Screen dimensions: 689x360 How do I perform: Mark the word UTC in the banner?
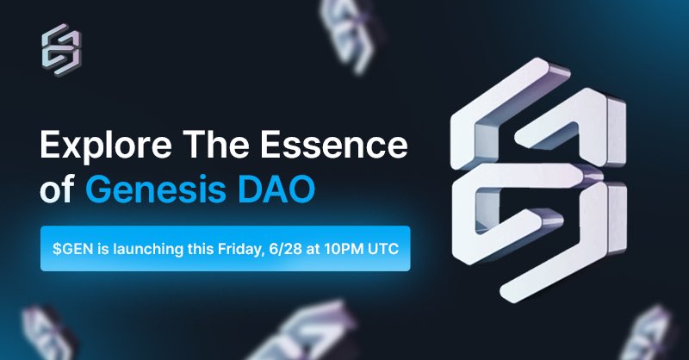[x=383, y=249]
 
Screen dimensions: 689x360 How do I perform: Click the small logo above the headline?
[x=61, y=50]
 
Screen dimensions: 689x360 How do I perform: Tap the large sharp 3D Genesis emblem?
[x=539, y=179]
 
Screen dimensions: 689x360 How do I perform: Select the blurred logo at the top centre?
[x=350, y=33]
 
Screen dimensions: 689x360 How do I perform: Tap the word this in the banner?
[x=200, y=249]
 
